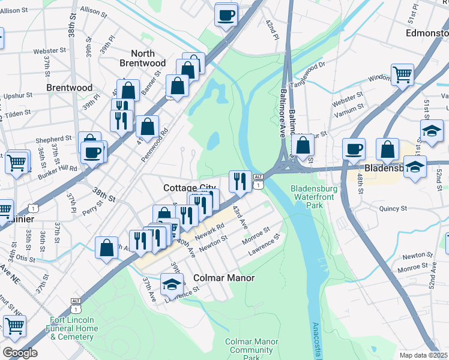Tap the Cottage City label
[x=190, y=188]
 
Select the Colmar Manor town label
[x=224, y=278]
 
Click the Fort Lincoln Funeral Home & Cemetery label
[x=73, y=328]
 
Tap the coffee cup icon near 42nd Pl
[x=226, y=14]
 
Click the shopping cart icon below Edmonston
[x=402, y=74]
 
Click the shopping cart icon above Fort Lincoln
[x=14, y=326]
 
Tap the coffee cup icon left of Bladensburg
[x=354, y=148]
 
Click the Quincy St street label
[x=393, y=209]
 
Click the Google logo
[x=20, y=352]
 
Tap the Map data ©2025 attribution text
[x=424, y=355]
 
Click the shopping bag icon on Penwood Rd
[x=147, y=127]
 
